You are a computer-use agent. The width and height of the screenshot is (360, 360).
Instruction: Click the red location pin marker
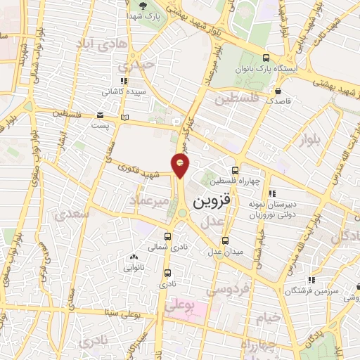click(x=181, y=165)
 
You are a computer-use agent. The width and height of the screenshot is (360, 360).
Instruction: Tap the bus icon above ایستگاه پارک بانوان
click(x=265, y=58)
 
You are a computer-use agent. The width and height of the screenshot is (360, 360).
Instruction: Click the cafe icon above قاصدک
click(x=278, y=91)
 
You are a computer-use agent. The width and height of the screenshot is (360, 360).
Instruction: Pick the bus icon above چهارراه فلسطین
click(x=235, y=169)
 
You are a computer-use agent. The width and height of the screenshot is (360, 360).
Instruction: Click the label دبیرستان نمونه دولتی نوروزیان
click(x=273, y=208)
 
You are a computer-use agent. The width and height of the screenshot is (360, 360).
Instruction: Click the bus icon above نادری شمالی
click(x=167, y=237)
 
